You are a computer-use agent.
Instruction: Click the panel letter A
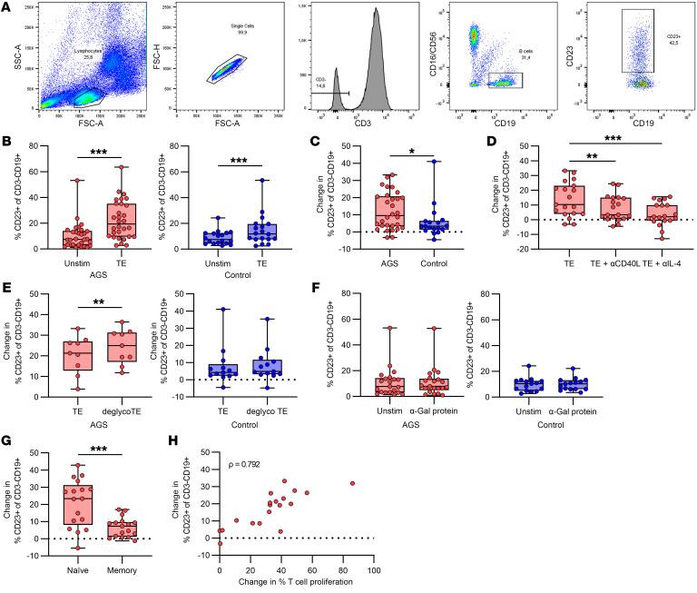(6, 8)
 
